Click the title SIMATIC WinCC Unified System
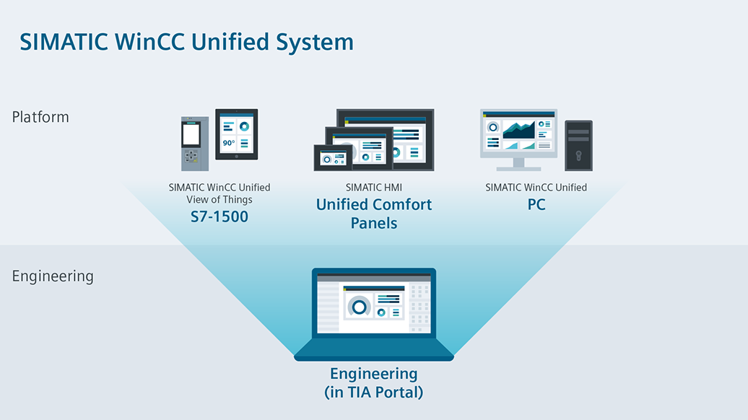[x=186, y=41]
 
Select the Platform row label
[x=40, y=117]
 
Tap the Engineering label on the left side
[x=53, y=276]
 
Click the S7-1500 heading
[x=219, y=216]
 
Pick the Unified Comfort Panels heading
[x=374, y=214]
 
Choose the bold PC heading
[x=536, y=205]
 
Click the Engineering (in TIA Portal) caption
[x=374, y=383]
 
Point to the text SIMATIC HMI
[x=374, y=188]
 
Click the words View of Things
[x=219, y=200]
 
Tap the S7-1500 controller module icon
[x=192, y=144]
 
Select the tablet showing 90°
[x=237, y=135]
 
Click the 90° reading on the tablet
[x=228, y=143]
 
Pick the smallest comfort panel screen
[x=333, y=157]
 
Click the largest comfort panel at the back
[x=404, y=130]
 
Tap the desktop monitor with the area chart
[x=518, y=133]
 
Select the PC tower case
[x=578, y=145]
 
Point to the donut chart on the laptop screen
[x=359, y=307]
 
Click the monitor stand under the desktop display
[x=518, y=165]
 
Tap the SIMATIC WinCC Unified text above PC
[x=536, y=188]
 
